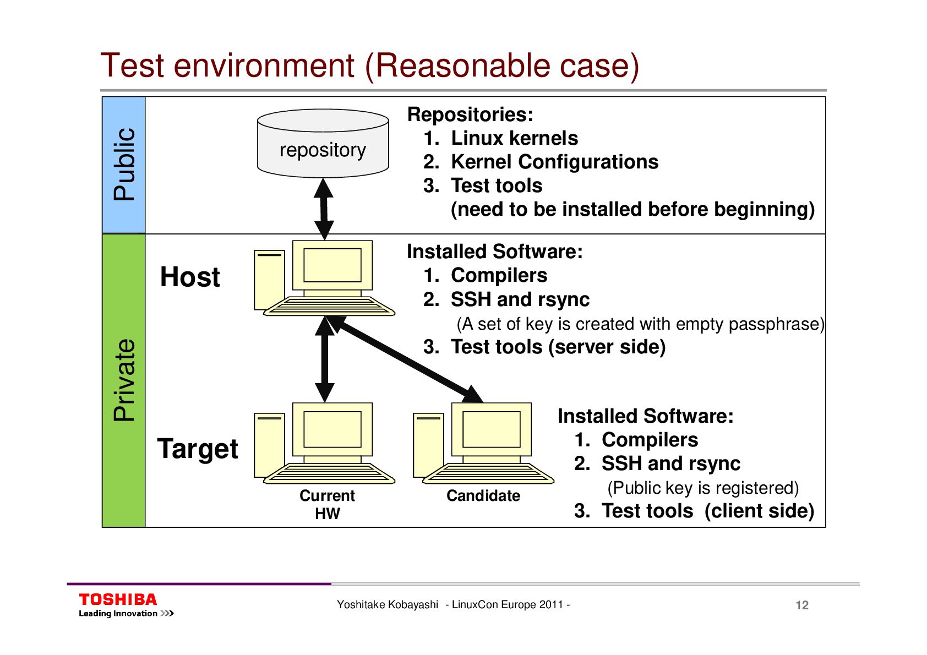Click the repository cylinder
pos(323,144)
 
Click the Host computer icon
pos(325,278)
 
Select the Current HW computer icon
pos(325,443)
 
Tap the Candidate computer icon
pos(484,443)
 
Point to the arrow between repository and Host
pos(324,209)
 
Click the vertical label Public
pos(124,164)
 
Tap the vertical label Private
pos(124,380)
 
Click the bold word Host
pos(190,277)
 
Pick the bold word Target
pos(198,449)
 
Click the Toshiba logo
pos(118,600)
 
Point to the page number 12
pos(802,605)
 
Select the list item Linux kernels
pos(514,138)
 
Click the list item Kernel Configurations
pos(554,162)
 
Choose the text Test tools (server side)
pos(558,347)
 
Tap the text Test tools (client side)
pos(707,511)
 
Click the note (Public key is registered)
pos(703,488)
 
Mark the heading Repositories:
pos(470,114)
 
